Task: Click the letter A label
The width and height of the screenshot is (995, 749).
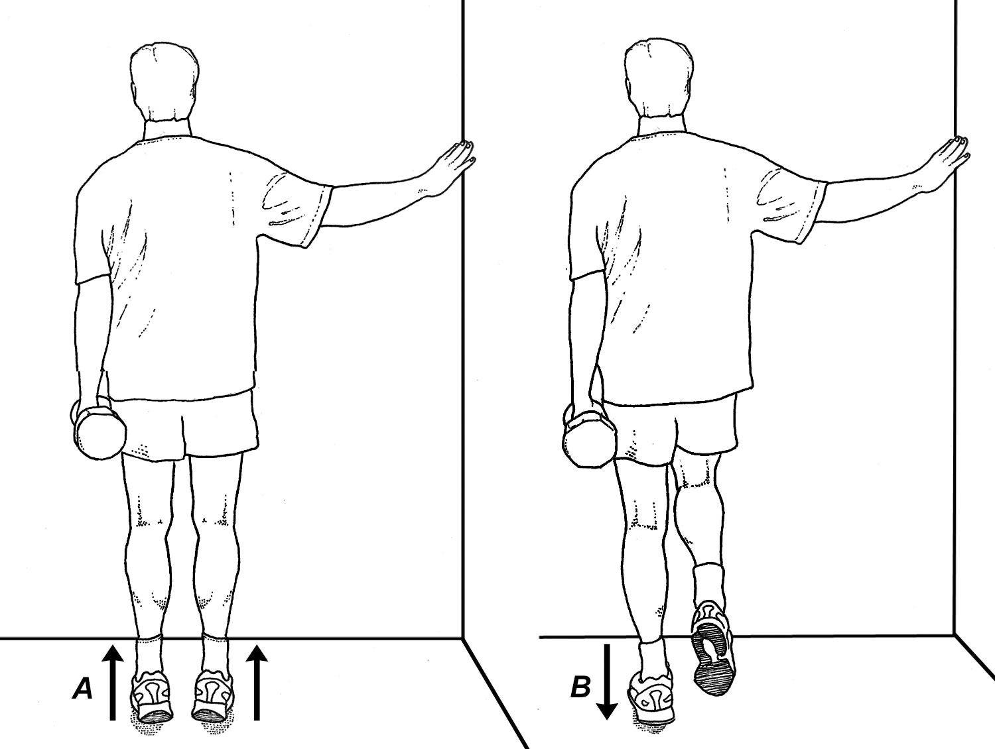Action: coord(82,689)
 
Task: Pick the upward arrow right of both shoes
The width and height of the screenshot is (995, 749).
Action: coord(257,682)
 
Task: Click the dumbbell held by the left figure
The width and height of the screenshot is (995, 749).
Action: coord(100,432)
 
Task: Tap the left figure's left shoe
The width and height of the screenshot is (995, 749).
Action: coord(153,697)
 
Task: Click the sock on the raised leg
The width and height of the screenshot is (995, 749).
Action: coord(707,583)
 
